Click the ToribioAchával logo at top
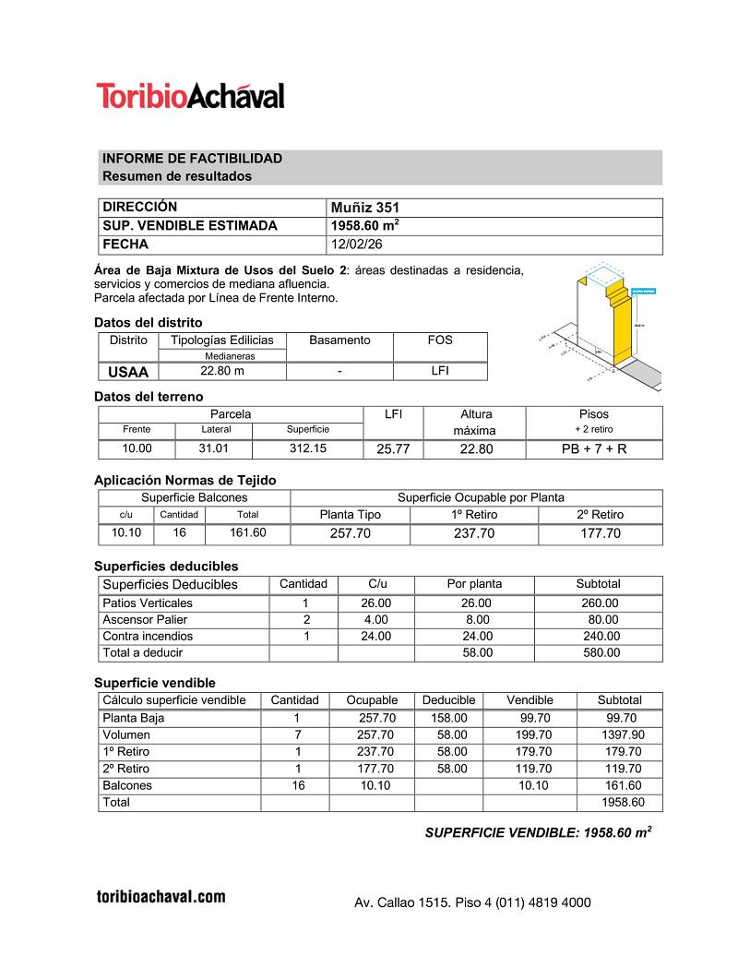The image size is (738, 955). point(190,95)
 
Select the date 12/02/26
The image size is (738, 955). point(354,245)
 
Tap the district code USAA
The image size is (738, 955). point(128,371)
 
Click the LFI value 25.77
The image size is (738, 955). point(393,449)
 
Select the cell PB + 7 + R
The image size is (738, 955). point(593,449)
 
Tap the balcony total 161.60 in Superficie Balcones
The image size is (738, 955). point(247,532)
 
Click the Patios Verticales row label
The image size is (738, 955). point(148,603)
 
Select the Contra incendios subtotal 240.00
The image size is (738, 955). point(598,636)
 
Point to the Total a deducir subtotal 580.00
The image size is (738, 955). point(598,652)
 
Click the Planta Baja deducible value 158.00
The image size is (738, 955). point(448,718)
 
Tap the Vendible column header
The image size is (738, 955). point(530,700)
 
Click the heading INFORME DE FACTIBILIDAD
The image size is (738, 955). point(192,159)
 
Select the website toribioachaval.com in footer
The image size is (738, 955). point(161,896)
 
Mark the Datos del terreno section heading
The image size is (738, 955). point(149,396)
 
